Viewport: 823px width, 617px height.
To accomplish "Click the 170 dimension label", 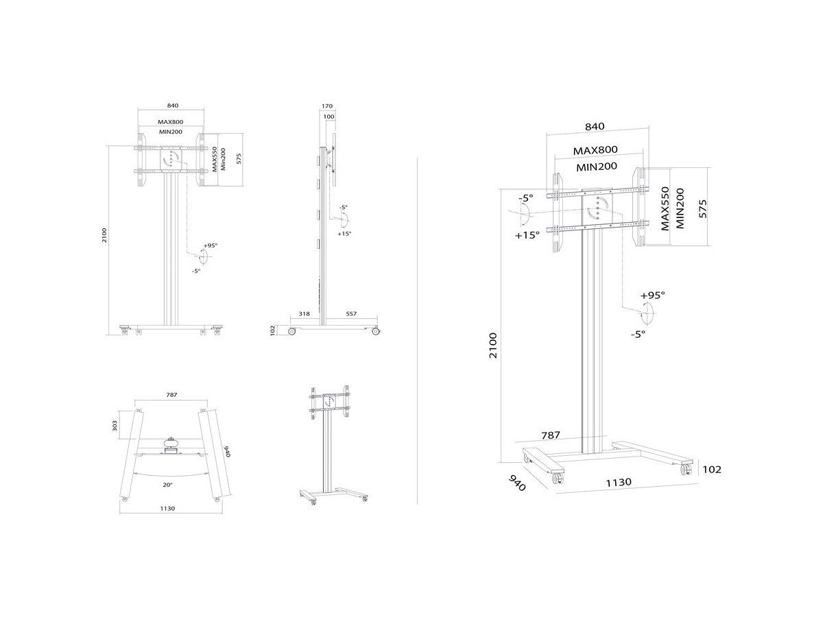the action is (327, 106).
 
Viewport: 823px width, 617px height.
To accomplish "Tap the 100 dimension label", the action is (329, 117).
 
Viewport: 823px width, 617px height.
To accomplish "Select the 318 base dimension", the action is (304, 313).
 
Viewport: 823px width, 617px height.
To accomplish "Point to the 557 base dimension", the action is (351, 313).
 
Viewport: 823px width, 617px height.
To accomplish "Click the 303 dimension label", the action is (115, 425).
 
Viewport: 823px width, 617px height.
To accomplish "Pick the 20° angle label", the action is (167, 485).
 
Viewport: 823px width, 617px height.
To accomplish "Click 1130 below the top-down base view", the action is (167, 509).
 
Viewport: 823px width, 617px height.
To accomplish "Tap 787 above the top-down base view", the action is (171, 394).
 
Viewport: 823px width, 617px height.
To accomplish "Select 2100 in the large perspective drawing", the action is (492, 345).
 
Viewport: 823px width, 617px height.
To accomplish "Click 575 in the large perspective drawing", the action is (703, 208).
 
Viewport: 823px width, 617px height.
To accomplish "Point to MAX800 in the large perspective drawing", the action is (595, 150).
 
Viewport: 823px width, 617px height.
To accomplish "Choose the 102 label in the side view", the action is (273, 330).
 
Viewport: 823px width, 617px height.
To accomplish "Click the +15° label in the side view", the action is (344, 234).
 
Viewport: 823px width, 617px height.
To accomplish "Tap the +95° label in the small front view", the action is (211, 245).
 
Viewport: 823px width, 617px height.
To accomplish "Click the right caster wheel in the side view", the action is (375, 331).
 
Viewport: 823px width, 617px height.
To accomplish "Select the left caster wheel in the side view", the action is (291, 331).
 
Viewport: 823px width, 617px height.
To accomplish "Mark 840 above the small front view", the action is (172, 106).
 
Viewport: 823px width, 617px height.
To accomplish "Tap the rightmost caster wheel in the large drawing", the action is (686, 470).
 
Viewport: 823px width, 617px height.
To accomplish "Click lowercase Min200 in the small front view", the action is (223, 159).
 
